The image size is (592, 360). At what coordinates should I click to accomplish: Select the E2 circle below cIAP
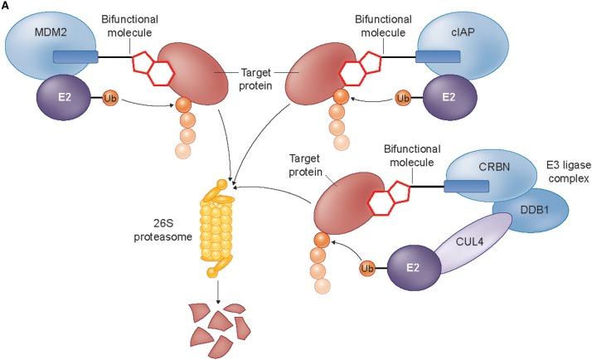pos(449,98)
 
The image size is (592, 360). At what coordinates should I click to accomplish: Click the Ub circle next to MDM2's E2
pos(108,99)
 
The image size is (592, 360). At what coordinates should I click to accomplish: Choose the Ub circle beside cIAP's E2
pos(404,99)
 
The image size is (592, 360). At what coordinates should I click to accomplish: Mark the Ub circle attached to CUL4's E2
pos(367,268)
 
